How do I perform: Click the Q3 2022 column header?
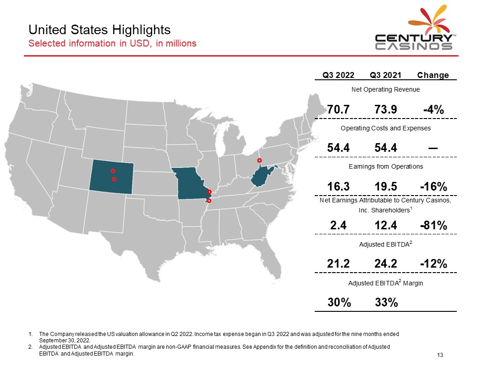click(x=338, y=75)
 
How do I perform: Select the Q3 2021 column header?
click(x=385, y=75)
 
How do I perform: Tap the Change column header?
click(x=433, y=75)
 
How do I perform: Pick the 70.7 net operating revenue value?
click(x=338, y=109)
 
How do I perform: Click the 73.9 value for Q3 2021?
click(x=386, y=109)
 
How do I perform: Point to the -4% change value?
click(x=434, y=109)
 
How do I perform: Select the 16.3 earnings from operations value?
click(x=338, y=186)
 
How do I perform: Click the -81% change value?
click(x=434, y=225)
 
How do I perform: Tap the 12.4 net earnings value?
click(x=386, y=225)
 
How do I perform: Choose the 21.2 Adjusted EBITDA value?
click(x=338, y=263)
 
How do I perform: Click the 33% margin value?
click(x=386, y=302)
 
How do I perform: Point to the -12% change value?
click(x=434, y=263)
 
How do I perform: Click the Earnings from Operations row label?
click(x=386, y=166)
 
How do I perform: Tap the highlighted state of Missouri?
click(x=190, y=183)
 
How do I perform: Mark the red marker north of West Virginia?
click(x=260, y=160)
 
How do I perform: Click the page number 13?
click(x=440, y=355)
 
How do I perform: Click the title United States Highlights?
click(x=99, y=30)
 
